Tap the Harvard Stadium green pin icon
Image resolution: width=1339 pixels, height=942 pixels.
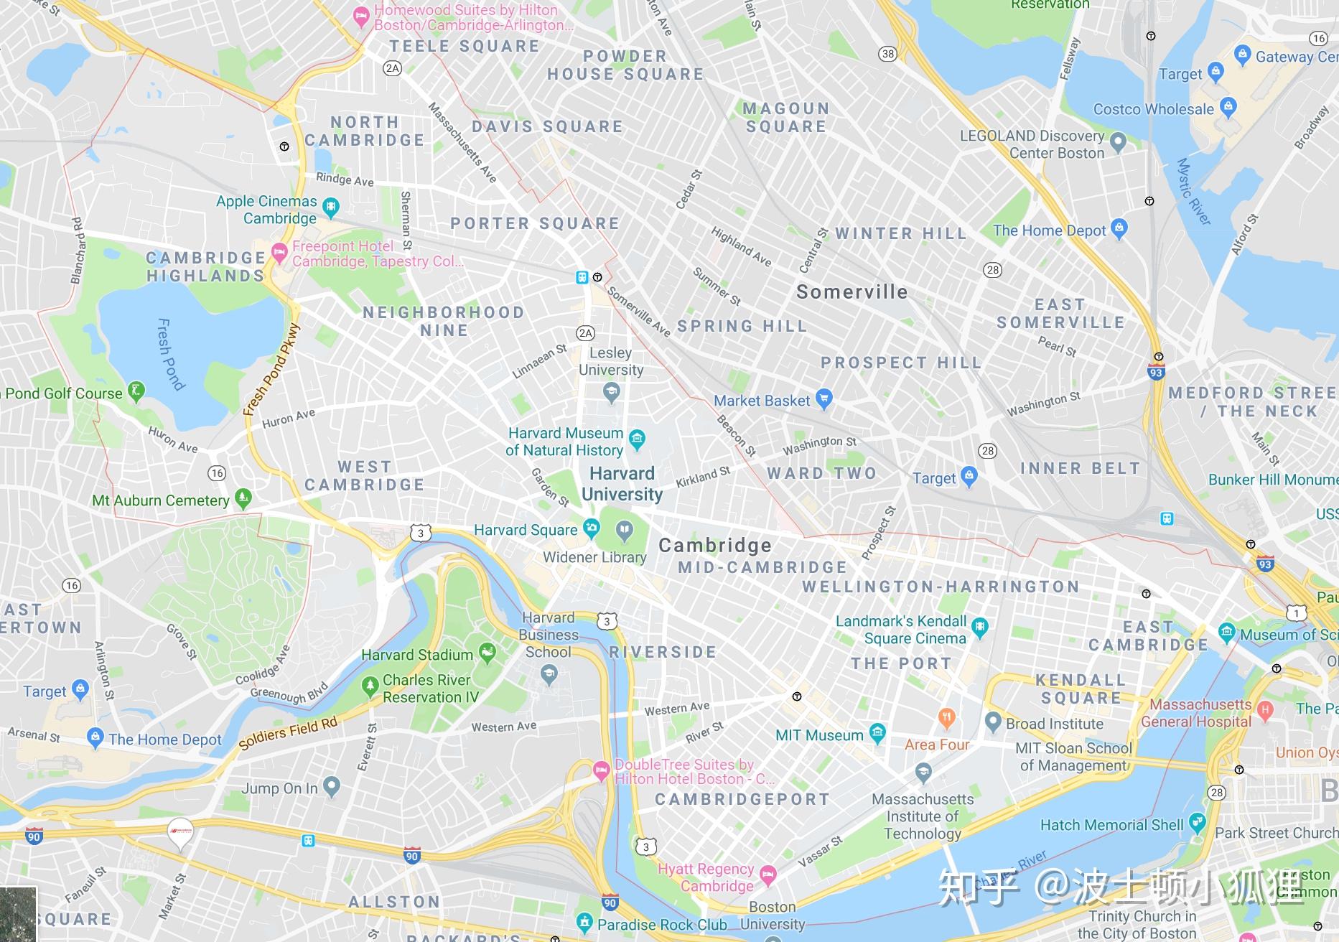point(487,653)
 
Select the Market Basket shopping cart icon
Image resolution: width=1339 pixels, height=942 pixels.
point(824,399)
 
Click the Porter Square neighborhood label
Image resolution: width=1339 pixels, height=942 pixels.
point(535,223)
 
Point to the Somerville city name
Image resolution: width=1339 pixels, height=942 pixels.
point(852,292)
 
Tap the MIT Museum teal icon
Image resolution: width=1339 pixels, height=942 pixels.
point(877,733)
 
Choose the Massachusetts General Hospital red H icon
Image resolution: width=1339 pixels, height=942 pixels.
point(1265,709)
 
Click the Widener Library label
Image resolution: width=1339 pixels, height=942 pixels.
point(594,557)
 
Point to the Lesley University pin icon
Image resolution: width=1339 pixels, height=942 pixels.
point(611,391)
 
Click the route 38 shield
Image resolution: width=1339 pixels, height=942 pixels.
point(888,54)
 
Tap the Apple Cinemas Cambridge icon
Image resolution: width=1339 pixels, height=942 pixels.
point(330,207)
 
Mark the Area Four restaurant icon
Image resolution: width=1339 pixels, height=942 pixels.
point(947,717)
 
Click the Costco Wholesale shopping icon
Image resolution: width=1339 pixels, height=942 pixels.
point(1228,107)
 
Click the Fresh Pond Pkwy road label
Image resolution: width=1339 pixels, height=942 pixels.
point(271,370)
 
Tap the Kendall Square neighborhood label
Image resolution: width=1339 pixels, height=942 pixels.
point(1081,689)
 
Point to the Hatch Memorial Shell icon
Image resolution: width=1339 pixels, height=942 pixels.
point(1196,822)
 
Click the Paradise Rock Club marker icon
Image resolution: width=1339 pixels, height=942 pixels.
point(584,922)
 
